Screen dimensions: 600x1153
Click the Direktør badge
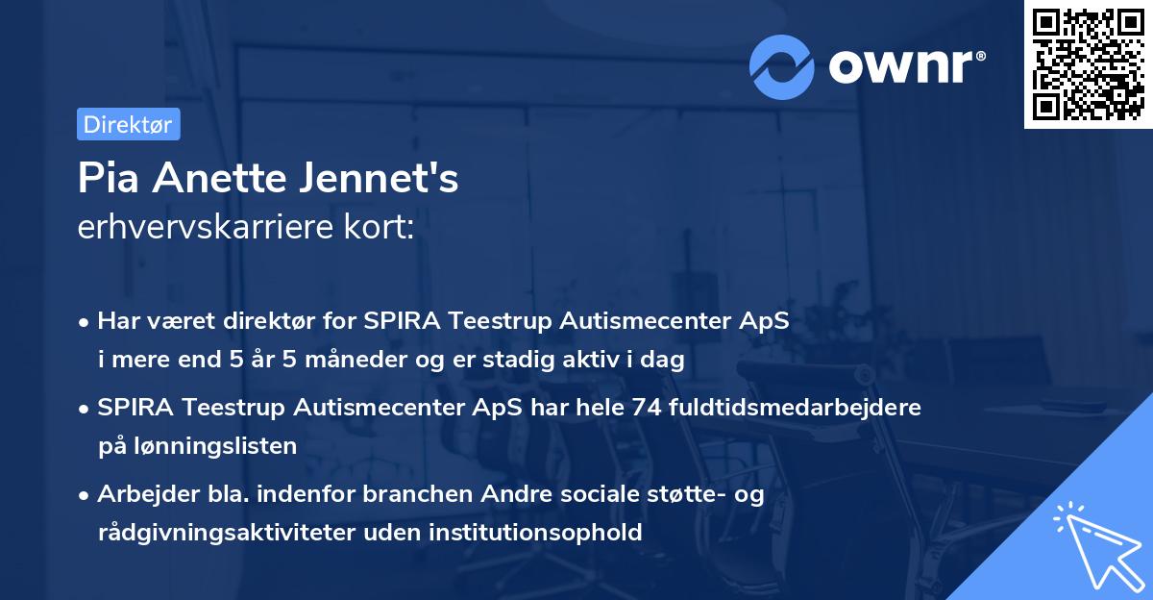point(128,124)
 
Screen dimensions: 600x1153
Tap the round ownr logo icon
point(783,67)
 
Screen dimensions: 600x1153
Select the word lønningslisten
point(209,445)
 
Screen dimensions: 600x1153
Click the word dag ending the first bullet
point(665,361)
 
